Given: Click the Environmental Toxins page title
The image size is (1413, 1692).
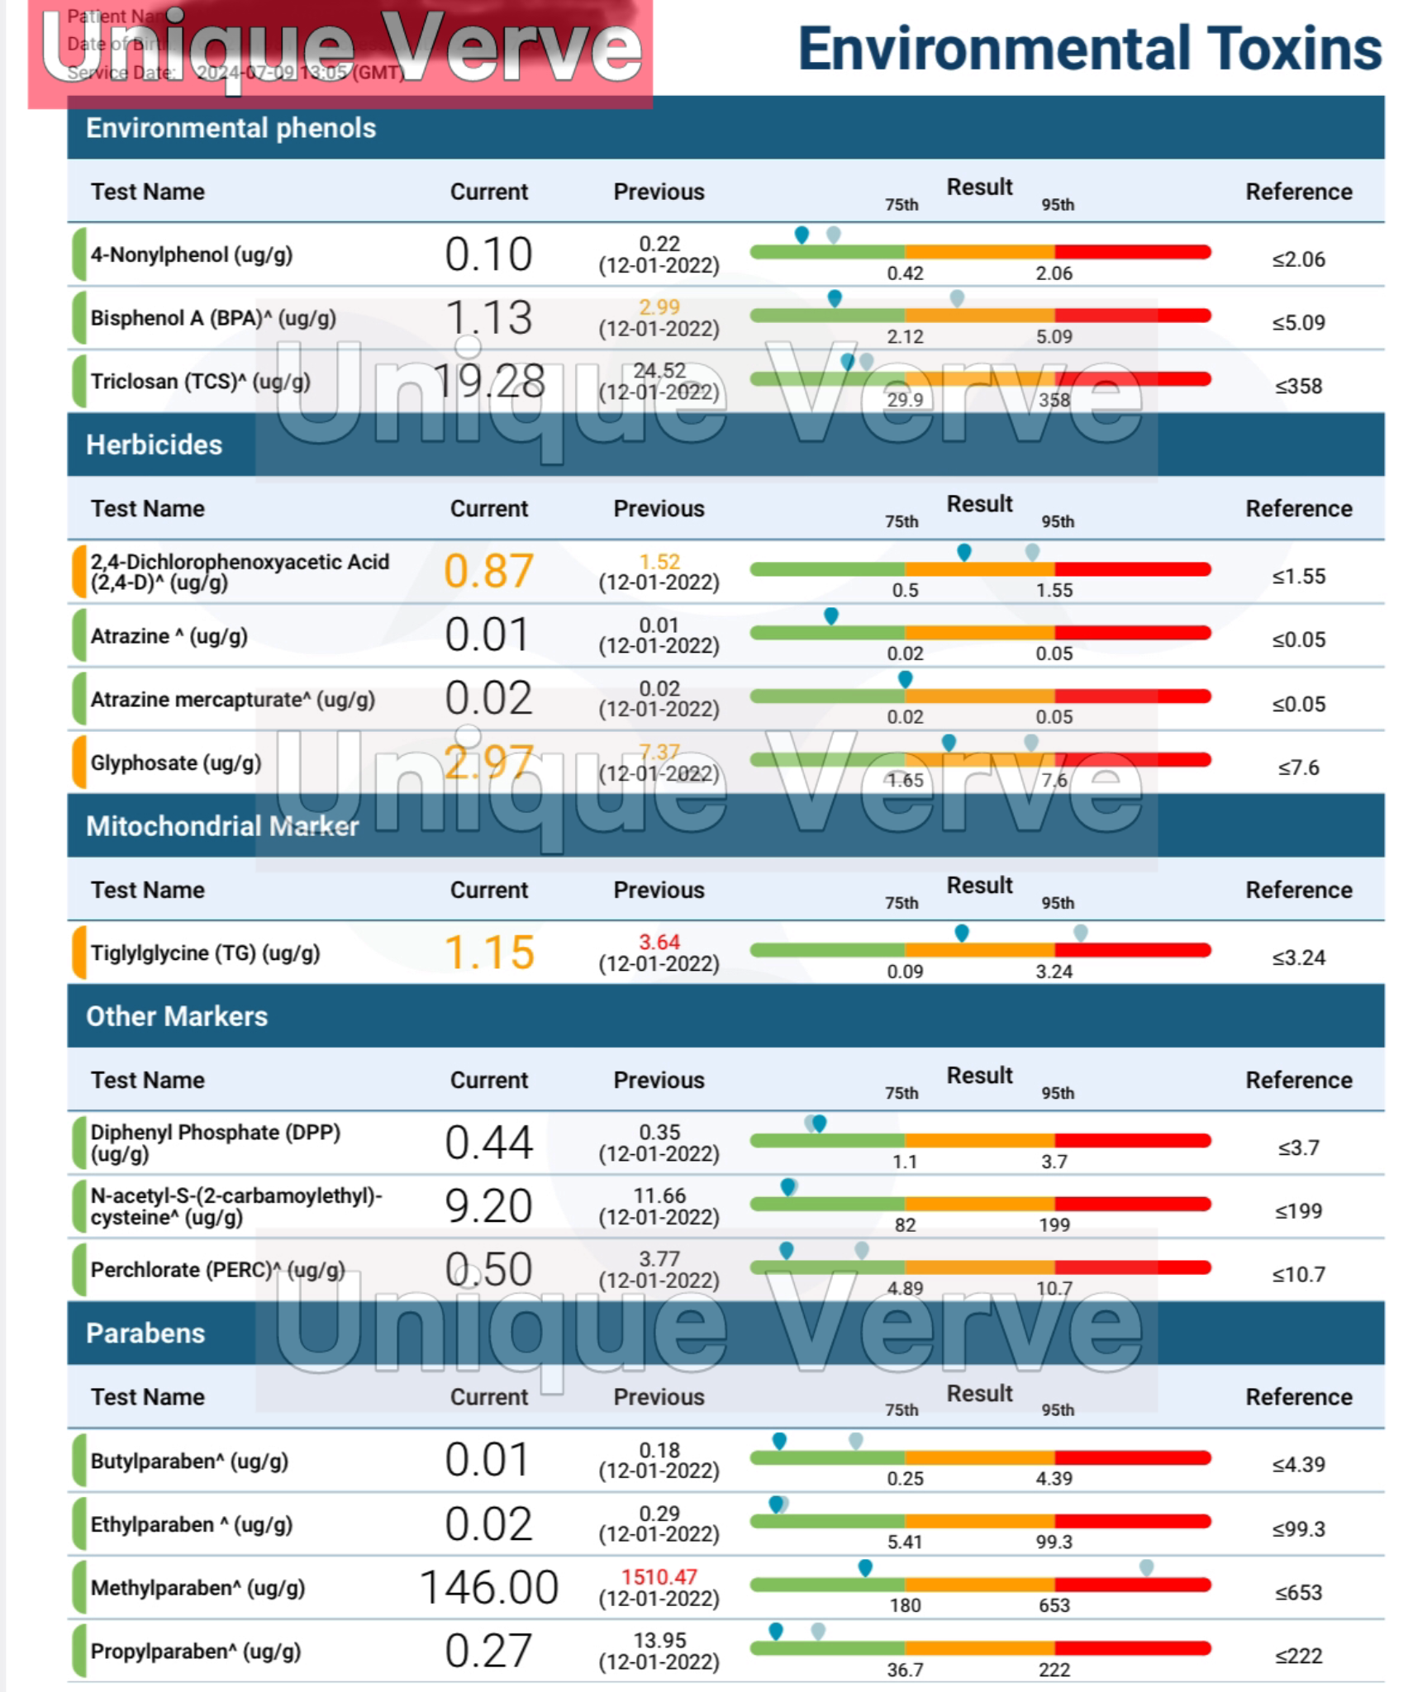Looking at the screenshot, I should [1088, 49].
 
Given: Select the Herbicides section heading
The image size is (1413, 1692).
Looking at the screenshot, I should [154, 445].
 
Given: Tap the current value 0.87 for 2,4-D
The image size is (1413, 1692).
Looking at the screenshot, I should [488, 571].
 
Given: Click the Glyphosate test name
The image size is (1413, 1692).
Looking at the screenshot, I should [175, 763].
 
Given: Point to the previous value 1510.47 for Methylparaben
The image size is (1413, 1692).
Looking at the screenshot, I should [659, 1577].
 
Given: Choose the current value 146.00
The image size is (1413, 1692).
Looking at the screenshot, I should [488, 1587].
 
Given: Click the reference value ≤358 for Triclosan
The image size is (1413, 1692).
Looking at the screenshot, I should [1297, 386].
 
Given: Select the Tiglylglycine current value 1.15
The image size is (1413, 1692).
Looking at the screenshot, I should [488, 953].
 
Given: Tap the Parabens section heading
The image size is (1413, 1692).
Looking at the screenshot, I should [145, 1333].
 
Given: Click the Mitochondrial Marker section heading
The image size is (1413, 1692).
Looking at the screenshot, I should [222, 826].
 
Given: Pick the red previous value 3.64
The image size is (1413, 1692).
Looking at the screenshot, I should [659, 942].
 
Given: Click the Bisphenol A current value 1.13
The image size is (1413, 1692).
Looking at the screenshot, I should [488, 318].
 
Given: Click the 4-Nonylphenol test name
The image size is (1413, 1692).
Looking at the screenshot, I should [191, 254].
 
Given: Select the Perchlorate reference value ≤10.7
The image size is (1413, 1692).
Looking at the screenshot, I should [1297, 1274].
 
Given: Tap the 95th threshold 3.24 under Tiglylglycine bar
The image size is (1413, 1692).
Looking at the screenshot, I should [1054, 972].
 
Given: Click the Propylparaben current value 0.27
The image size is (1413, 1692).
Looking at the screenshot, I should [488, 1651].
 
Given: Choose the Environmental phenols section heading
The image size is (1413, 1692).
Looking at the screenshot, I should [231, 128].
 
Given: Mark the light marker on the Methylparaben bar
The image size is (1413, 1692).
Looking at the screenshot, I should [1146, 1567].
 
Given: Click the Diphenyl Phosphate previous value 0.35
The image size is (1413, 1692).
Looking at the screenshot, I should [659, 1132].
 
